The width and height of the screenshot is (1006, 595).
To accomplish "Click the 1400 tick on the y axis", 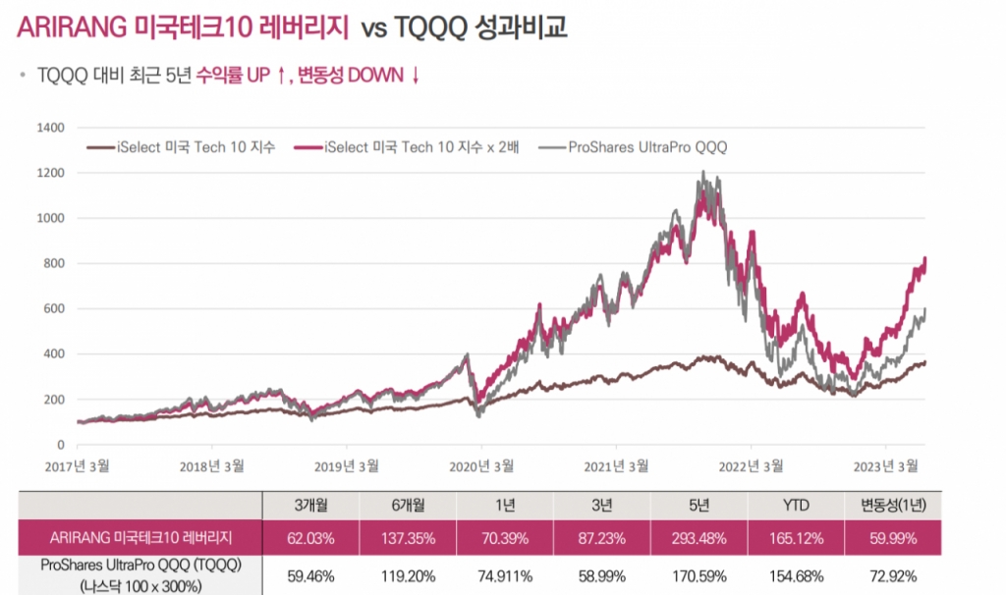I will coord(50,128).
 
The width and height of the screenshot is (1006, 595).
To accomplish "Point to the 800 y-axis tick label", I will coord(53,263).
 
